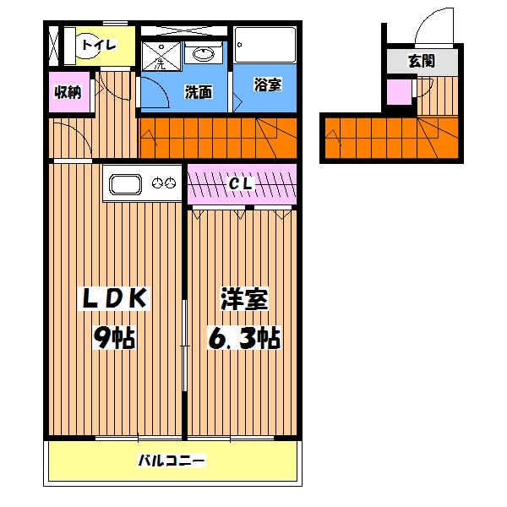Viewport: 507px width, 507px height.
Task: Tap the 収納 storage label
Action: tap(68, 92)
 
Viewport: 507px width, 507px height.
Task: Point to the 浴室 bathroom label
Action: tap(267, 84)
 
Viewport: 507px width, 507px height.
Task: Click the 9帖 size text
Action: tap(114, 338)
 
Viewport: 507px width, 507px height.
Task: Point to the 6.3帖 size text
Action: tap(244, 338)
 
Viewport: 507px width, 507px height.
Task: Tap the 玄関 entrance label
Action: tap(422, 61)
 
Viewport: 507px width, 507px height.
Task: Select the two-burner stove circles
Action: tap(163, 183)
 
